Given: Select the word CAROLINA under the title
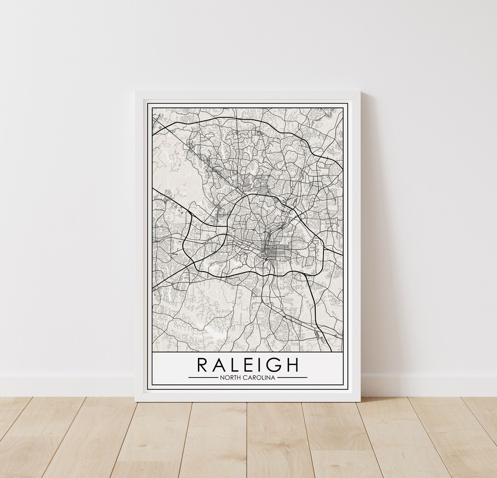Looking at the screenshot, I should (x=260, y=378).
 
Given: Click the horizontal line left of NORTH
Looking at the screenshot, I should (x=203, y=378).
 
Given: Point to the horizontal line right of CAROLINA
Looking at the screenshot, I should (x=292, y=378).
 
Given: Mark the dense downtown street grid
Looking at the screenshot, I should (x=270, y=251).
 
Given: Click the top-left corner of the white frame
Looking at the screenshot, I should (x=136, y=92).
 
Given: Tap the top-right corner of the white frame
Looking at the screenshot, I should (x=359, y=92).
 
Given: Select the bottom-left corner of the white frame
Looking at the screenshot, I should (x=136, y=401).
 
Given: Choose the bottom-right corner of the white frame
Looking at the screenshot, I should (x=359, y=401).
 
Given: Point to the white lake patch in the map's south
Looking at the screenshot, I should (x=213, y=332).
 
